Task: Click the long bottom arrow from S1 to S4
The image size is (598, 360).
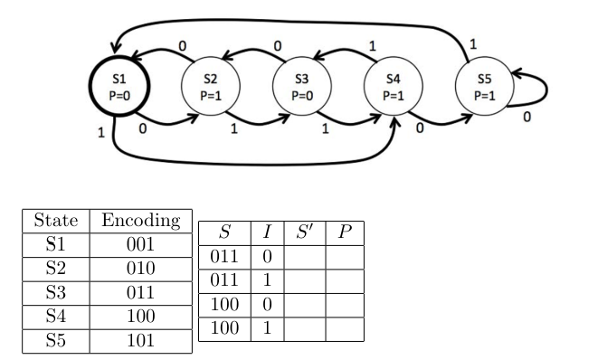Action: coord(253,164)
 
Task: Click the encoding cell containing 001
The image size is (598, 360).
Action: coord(139,245)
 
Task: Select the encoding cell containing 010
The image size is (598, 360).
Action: coord(139,269)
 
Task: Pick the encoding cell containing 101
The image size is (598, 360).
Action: coord(139,340)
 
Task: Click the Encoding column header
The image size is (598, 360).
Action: coord(139,221)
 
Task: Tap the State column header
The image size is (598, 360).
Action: coord(56,221)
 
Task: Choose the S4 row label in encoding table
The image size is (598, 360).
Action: coord(56,317)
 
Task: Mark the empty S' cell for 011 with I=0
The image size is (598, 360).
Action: coord(304,258)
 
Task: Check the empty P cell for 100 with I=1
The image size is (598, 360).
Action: coord(344,328)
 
